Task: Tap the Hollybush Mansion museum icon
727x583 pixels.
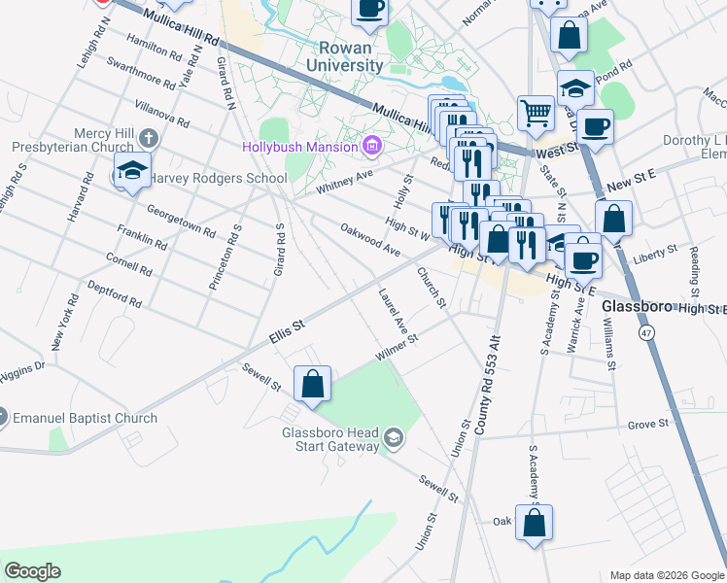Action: (370, 147)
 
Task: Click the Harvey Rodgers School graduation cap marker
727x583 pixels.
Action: (132, 171)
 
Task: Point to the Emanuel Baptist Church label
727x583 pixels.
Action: (86, 419)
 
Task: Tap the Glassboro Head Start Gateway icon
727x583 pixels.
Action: (393, 438)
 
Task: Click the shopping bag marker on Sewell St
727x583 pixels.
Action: (313, 384)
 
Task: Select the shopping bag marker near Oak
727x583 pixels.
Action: (535, 523)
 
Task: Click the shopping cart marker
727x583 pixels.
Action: (536, 114)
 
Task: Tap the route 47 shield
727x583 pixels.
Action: (645, 332)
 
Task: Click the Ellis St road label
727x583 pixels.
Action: (287, 330)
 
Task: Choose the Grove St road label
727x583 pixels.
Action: (648, 424)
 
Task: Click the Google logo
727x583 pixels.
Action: (33, 571)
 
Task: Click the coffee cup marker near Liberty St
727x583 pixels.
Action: (584, 259)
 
